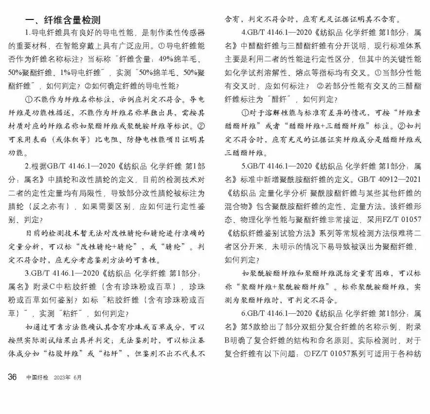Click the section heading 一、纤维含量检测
click(x=63, y=20)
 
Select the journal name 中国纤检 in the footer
click(x=37, y=378)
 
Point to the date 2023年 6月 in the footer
click(x=68, y=378)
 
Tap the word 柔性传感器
click(x=184, y=33)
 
